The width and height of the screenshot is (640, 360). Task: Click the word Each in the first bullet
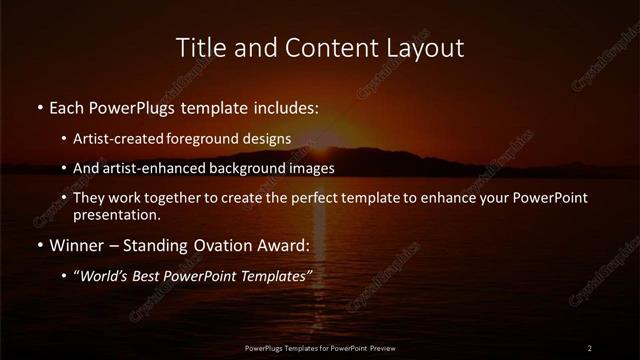69,106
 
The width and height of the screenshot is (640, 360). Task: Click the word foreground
213,138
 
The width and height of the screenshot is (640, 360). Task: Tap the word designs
271,138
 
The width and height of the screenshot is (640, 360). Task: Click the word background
261,168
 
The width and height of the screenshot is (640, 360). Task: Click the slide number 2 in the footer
590,347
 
